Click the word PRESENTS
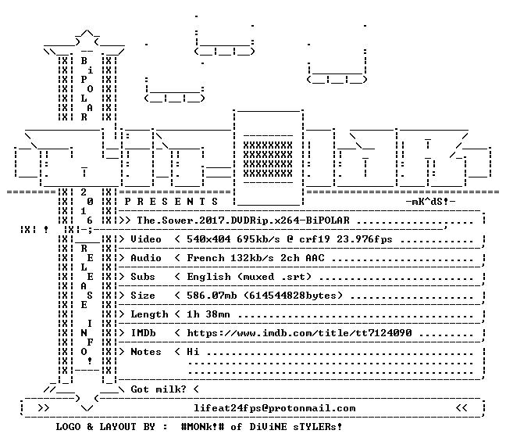[171, 202]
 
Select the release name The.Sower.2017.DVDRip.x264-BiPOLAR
[243, 220]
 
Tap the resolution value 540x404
[208, 239]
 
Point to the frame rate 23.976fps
[365, 239]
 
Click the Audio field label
[146, 258]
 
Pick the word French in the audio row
[205, 258]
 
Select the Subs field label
[143, 277]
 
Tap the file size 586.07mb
[212, 296]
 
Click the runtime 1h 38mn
[208, 314]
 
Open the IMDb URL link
[299, 333]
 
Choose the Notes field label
[146, 352]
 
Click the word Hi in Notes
[193, 352]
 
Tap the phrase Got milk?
[159, 389]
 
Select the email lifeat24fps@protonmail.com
[274, 408]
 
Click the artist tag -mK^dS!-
[430, 202]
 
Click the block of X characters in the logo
[268, 160]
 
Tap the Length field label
[149, 314]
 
